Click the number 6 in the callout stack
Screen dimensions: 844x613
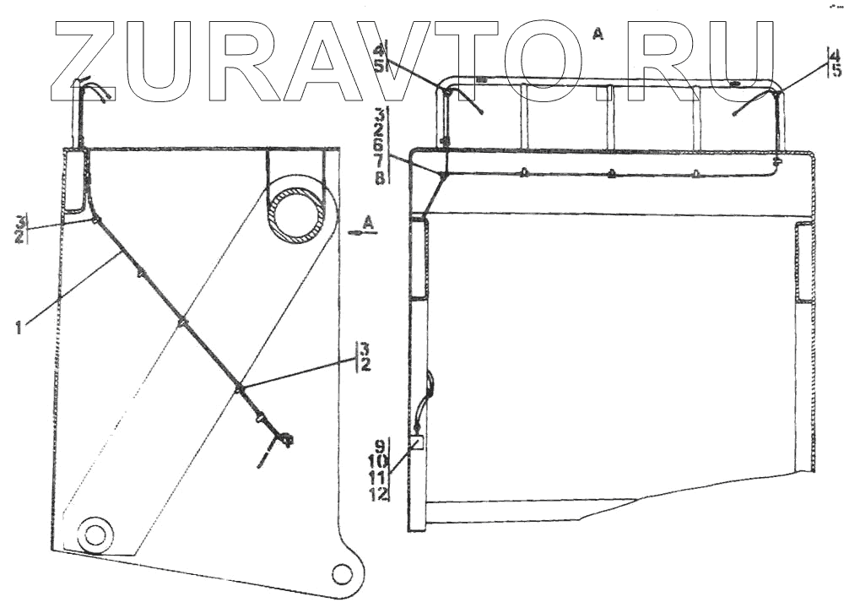[381, 146]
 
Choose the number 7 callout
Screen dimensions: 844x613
[381, 161]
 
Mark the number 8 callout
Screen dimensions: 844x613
[381, 177]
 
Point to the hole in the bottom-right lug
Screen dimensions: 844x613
[341, 574]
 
